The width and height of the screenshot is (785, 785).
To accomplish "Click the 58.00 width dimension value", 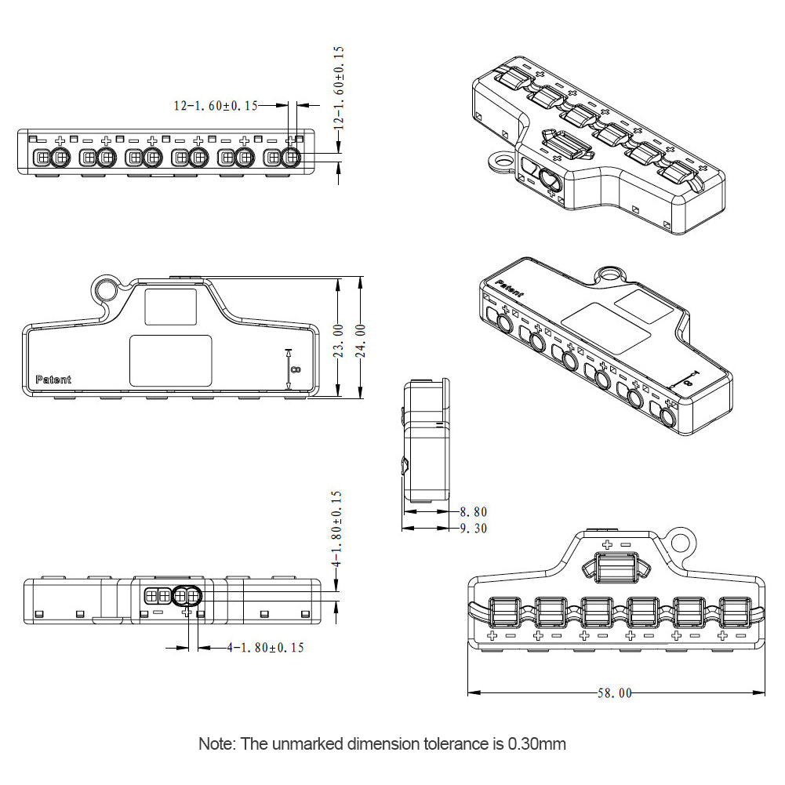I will pyautogui.click(x=614, y=693).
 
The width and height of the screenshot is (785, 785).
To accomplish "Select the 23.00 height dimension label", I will pyautogui.click(x=338, y=340).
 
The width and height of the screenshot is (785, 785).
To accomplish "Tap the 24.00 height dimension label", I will pyautogui.click(x=361, y=340).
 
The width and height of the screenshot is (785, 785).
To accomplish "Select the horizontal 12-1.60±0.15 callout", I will pyautogui.click(x=216, y=105).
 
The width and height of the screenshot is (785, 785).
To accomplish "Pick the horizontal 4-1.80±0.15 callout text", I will pyautogui.click(x=265, y=648).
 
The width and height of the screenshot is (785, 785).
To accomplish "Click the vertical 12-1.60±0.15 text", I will pyautogui.click(x=339, y=86).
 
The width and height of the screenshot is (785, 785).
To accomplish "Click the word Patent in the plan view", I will pyautogui.click(x=53, y=380).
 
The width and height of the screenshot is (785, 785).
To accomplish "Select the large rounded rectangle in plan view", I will pyautogui.click(x=170, y=360).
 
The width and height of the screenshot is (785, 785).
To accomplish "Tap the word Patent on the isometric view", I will pyautogui.click(x=510, y=289).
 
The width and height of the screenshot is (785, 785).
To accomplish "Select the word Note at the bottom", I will pyautogui.click(x=216, y=743).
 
